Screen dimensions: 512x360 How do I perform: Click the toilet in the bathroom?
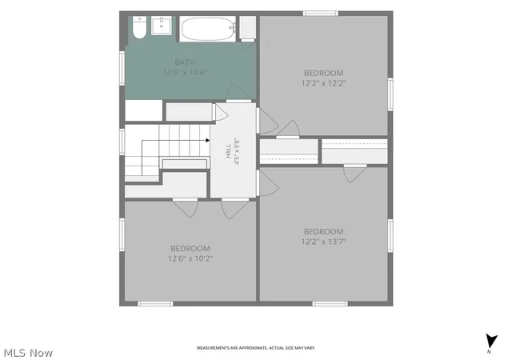(139, 27)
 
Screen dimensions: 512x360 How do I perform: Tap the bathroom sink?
(162, 26)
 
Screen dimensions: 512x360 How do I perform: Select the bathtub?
(208, 29)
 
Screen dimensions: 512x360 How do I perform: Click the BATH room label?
(185, 62)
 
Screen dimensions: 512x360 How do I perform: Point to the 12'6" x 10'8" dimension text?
(185, 72)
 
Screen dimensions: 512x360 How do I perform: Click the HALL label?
(228, 151)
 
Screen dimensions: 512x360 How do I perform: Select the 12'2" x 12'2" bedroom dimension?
(323, 83)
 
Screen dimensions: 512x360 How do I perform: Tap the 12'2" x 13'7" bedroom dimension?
(323, 242)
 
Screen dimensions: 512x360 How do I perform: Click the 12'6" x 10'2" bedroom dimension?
(190, 258)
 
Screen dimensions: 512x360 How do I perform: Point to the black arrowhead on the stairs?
(208, 141)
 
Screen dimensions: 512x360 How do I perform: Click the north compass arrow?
(490, 342)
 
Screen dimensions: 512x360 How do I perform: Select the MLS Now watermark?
(28, 353)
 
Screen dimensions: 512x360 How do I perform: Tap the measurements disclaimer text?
(256, 348)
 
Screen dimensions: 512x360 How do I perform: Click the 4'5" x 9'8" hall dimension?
(238, 151)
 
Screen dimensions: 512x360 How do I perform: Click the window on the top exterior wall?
(320, 14)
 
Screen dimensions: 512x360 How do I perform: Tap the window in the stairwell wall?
(122, 142)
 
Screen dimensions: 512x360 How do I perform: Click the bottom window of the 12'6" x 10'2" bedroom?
(155, 304)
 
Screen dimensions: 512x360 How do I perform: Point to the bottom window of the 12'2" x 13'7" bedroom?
(330, 304)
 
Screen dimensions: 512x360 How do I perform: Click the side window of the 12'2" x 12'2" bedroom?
(390, 94)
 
